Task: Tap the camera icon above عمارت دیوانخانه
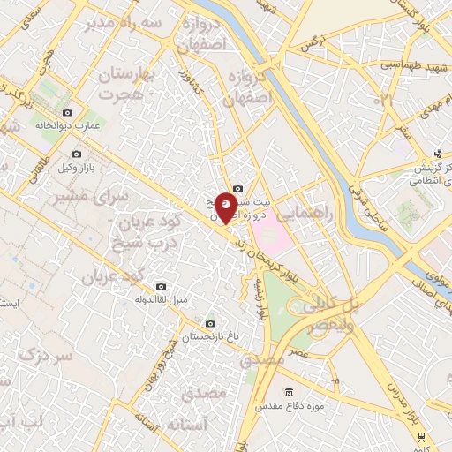pos(68,112)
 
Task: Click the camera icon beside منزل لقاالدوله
pos(161,287)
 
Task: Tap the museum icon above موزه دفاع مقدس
pos(289,392)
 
